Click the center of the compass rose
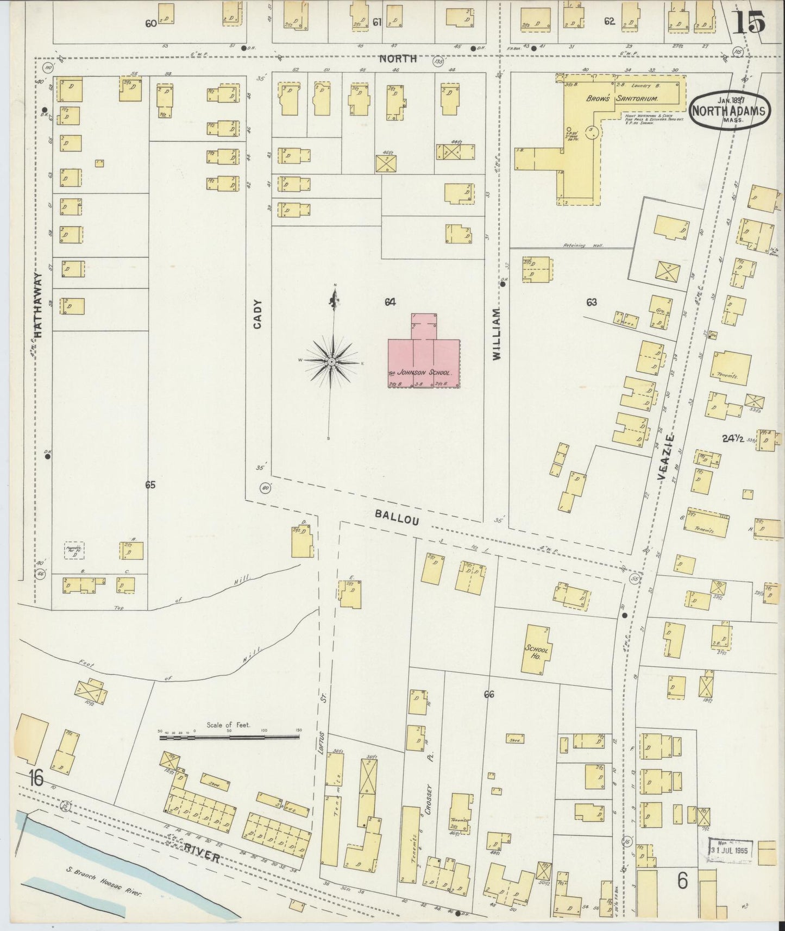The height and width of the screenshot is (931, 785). (x=331, y=362)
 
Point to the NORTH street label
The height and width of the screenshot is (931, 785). (x=398, y=58)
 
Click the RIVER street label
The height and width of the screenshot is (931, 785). (x=201, y=854)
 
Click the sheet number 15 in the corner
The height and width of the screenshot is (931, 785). (x=750, y=23)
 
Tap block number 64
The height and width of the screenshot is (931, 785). (x=390, y=302)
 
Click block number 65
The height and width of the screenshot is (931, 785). (x=150, y=485)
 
